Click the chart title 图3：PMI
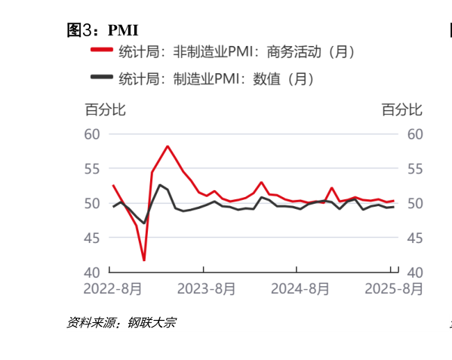click(103, 30)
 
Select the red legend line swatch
click(102, 53)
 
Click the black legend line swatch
click(102, 78)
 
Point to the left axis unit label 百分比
click(105, 110)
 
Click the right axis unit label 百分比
click(402, 110)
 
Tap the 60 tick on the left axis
click(92, 134)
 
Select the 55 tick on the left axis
click(92, 169)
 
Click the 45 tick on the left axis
click(92, 238)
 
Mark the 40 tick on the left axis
click(92, 272)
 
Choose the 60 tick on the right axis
click(414, 134)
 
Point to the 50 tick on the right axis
click(414, 204)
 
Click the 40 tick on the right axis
click(414, 272)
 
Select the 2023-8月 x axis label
click(205, 289)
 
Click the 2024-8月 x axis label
click(300, 289)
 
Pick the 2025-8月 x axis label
click(393, 289)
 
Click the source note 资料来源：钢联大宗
click(121, 323)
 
